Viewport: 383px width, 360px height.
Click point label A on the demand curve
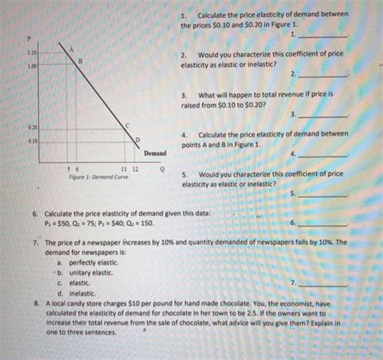pos(71,49)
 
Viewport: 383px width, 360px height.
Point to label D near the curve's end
pos(137,140)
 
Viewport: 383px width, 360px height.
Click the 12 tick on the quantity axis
pos(135,170)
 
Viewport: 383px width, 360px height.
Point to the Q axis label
pos(162,170)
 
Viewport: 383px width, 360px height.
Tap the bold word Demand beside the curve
pos(155,153)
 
